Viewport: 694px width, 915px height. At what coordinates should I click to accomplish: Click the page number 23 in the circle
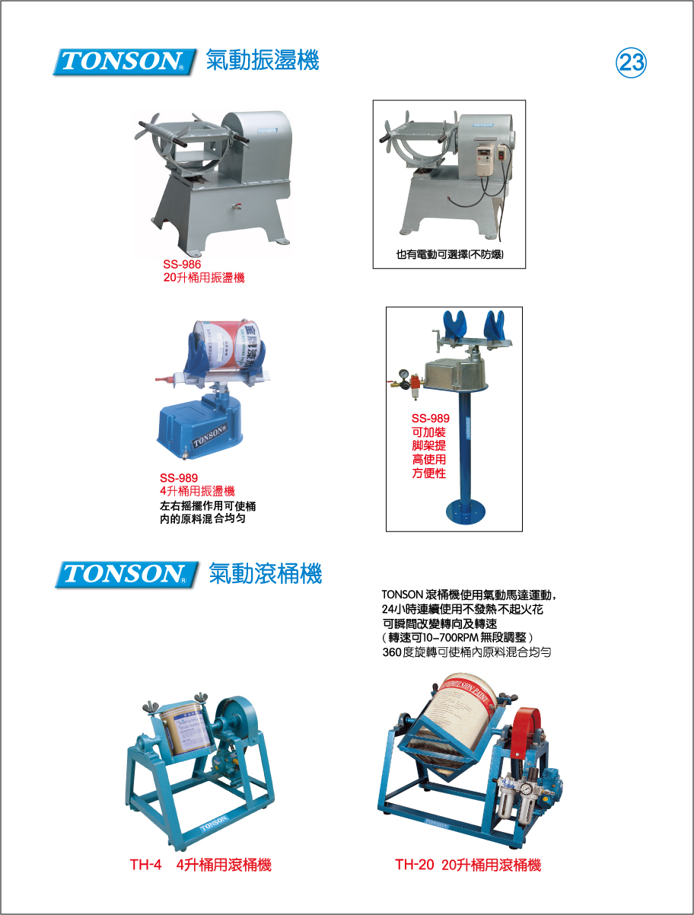[x=631, y=63]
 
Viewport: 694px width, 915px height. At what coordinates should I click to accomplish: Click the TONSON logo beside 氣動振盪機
[x=124, y=62]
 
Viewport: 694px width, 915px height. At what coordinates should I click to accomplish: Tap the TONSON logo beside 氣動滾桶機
[x=126, y=575]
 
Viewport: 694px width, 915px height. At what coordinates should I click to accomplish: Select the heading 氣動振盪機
[x=263, y=60]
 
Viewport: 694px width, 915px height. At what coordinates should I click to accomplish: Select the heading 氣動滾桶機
[x=265, y=574]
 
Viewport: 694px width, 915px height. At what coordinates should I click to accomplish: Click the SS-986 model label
[x=182, y=264]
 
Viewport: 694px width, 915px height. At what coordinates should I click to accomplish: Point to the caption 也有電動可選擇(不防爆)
[x=450, y=254]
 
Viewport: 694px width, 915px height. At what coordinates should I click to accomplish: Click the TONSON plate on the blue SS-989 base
[x=210, y=435]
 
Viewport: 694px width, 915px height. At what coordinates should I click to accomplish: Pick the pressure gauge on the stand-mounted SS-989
[x=403, y=375]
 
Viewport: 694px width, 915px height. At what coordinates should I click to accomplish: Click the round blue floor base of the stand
[x=465, y=512]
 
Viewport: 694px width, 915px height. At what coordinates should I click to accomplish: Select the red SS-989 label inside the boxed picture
[x=430, y=418]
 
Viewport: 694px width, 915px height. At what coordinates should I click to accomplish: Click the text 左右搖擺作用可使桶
[x=208, y=506]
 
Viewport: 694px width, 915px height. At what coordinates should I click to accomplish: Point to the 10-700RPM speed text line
[x=457, y=637]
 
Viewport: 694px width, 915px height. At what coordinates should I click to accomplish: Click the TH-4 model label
[x=145, y=865]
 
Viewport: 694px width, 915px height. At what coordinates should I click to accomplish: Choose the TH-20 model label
[x=414, y=865]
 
